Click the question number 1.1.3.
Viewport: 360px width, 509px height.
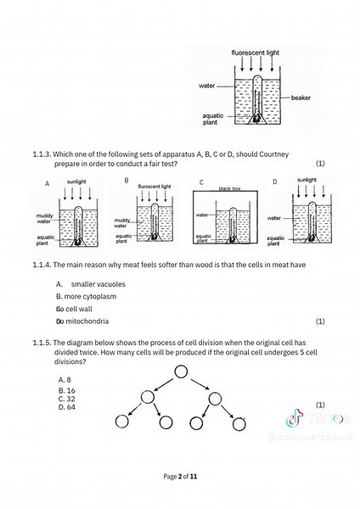point(42,154)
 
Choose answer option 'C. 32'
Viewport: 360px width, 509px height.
point(67,399)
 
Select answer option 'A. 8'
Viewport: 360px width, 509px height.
point(65,380)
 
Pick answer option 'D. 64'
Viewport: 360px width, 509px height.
point(67,407)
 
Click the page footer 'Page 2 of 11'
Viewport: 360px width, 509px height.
point(180,476)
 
